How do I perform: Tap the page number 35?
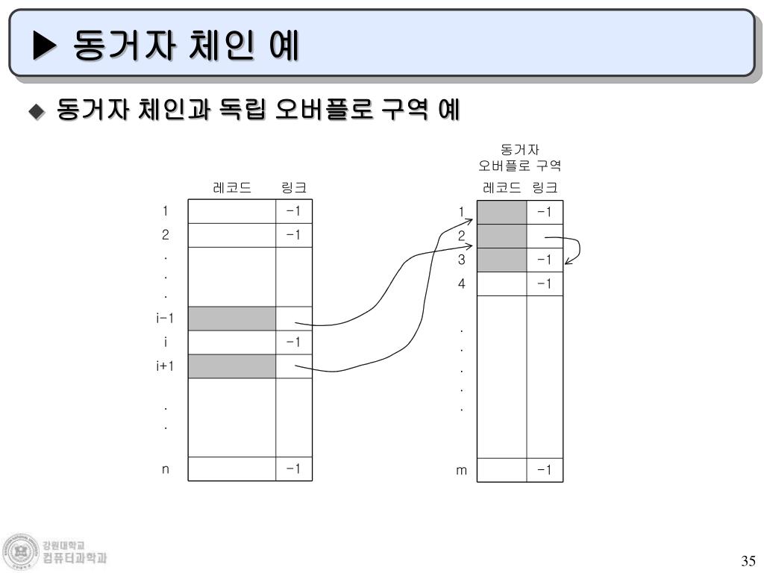coord(748,561)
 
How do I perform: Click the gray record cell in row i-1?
coord(231,319)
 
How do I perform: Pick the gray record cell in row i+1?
coord(231,366)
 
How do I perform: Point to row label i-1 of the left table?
coord(165,319)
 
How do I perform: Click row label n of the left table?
coord(166,469)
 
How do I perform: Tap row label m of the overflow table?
coord(462,470)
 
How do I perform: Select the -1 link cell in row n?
coord(293,469)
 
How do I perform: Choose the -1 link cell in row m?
coord(545,470)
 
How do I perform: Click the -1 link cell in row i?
coord(293,342)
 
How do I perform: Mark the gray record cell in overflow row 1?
coord(501,213)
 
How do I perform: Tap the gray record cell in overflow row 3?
coord(501,260)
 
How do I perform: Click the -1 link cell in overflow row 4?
coord(545,284)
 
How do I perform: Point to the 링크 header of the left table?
coord(293,187)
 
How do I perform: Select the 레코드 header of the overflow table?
coord(501,187)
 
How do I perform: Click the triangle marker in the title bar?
coord(45,47)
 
